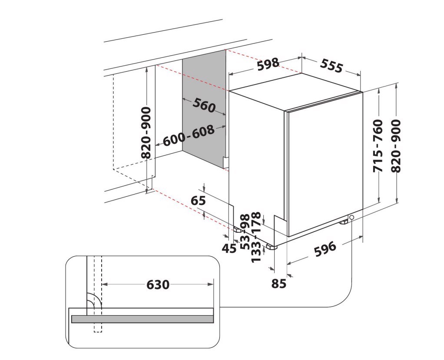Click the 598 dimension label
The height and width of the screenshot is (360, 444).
coord(268,64)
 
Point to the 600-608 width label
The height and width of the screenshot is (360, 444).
coord(189,136)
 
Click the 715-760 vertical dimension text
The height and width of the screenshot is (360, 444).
coord(378,146)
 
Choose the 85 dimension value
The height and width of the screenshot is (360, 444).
coord(279,283)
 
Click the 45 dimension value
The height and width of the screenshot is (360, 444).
coord(229,248)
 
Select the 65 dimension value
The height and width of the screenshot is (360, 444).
coord(198,201)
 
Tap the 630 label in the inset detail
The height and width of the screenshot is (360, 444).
coord(158,284)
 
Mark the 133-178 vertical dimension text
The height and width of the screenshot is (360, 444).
coord(256,237)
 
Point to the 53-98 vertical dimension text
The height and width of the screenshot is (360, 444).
coord(245,232)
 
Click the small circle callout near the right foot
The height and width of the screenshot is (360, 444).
coord(352,218)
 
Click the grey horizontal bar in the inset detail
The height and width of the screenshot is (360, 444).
coord(142,319)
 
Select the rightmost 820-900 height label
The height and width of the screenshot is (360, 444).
coord(396,146)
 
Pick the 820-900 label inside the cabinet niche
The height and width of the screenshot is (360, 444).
coord(146,133)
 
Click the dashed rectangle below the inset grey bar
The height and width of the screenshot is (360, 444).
coord(98,327)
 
